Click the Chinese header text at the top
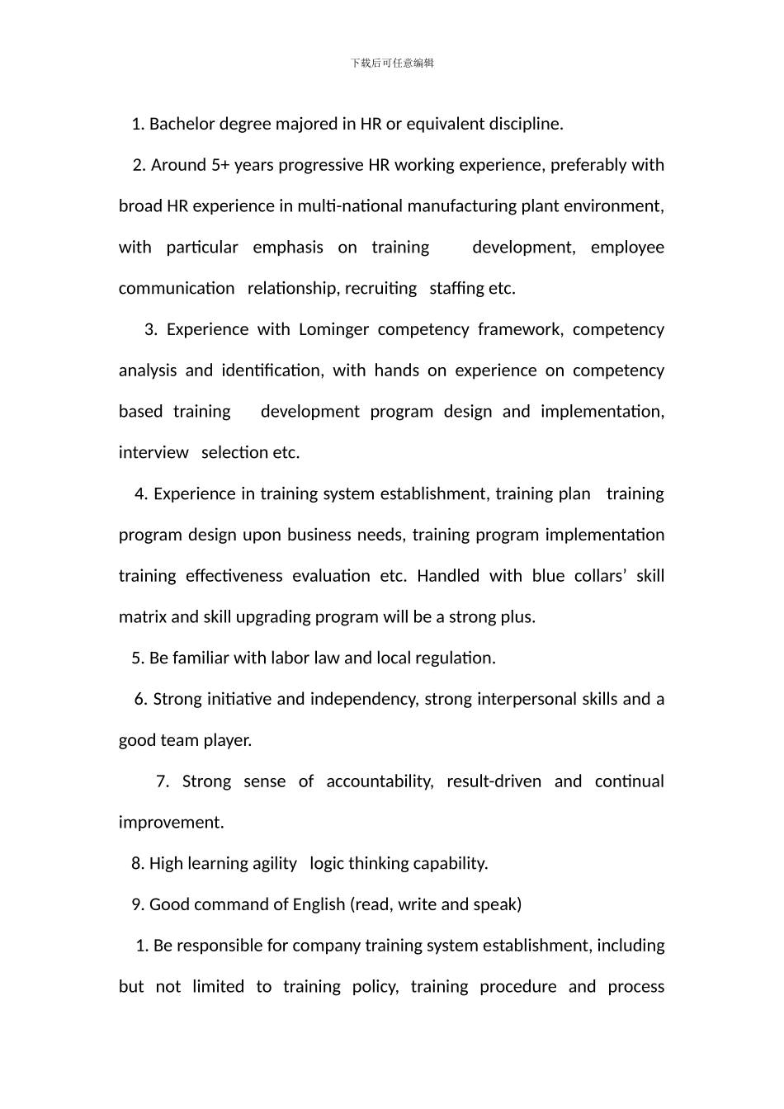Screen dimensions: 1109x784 tap(392, 63)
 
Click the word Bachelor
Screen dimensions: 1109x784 tap(182, 124)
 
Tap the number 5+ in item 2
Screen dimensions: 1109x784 tap(220, 165)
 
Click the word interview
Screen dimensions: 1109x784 tap(153, 452)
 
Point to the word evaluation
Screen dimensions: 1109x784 tap(331, 576)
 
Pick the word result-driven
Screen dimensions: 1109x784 tap(494, 781)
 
